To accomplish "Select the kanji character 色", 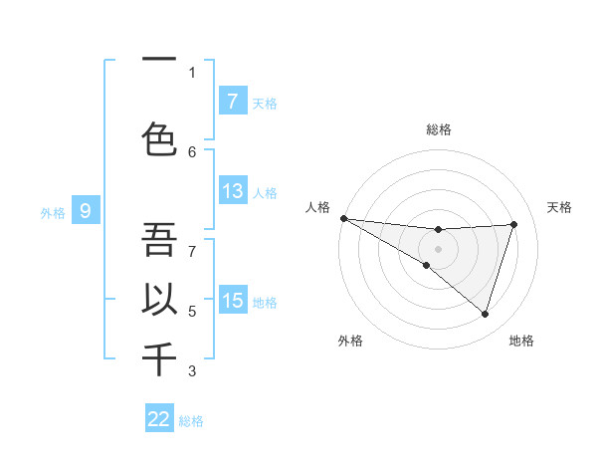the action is point(159,138).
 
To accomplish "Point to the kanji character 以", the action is point(159,300).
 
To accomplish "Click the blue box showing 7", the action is point(232,102).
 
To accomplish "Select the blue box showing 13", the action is point(232,191).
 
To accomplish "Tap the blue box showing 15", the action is point(232,301).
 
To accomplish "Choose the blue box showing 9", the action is point(86,211).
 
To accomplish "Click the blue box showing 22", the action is point(159,419).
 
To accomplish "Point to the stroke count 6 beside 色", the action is point(192,151).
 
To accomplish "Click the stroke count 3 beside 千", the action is point(192,371).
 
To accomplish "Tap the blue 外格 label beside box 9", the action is point(52,212).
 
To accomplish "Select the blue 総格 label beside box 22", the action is point(191,420).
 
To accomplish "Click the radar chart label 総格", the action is point(438,129).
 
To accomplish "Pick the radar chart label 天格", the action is point(560,207).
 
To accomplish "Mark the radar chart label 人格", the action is point(316,207).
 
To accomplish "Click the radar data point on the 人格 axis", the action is point(343,218).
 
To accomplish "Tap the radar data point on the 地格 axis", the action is point(486,315).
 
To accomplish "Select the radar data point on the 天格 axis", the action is point(514,224).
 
